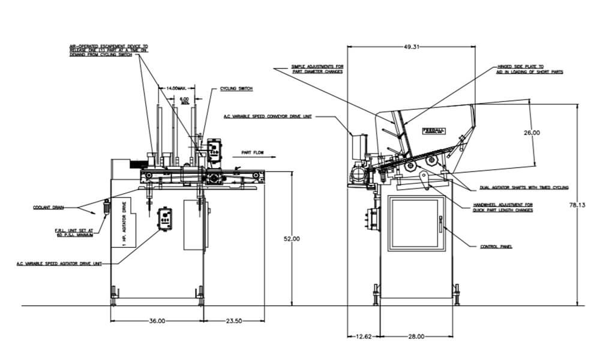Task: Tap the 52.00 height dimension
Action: click(292, 239)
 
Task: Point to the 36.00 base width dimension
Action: click(157, 321)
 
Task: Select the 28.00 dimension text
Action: click(416, 337)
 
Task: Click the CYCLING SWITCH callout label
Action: click(236, 89)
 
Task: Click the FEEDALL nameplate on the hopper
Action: click(433, 130)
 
